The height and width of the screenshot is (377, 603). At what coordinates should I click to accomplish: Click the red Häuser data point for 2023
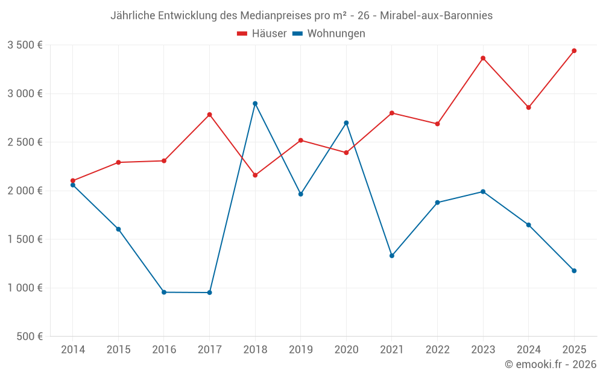(483, 58)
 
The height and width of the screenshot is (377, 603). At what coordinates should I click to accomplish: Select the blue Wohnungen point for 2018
(255, 103)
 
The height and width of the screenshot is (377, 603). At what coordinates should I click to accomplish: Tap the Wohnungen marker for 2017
(209, 293)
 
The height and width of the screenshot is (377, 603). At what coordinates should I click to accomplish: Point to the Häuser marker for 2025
(574, 51)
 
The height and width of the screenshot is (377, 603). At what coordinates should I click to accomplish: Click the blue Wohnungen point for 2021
(392, 256)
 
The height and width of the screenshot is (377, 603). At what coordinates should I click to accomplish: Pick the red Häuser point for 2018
(255, 175)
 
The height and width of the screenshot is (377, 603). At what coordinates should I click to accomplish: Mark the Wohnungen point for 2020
(346, 123)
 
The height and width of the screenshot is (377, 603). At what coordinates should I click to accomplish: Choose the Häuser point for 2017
(209, 115)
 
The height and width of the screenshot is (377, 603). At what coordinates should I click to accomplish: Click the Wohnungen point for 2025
(574, 271)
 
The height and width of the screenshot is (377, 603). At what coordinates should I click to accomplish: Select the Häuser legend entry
(262, 34)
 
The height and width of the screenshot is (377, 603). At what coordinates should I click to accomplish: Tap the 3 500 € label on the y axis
(25, 45)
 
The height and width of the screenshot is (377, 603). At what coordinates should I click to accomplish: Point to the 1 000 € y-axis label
(25, 288)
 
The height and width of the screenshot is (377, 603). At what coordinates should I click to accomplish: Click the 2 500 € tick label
(25, 142)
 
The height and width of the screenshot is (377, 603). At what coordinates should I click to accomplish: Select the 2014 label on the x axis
(73, 349)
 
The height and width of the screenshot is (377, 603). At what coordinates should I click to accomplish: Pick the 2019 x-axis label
(300, 349)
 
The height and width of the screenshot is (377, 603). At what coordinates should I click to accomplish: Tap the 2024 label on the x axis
(528, 349)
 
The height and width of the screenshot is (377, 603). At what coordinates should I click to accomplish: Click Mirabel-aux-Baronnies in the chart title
(436, 16)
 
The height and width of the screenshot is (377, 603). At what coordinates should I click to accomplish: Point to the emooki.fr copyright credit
(550, 364)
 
